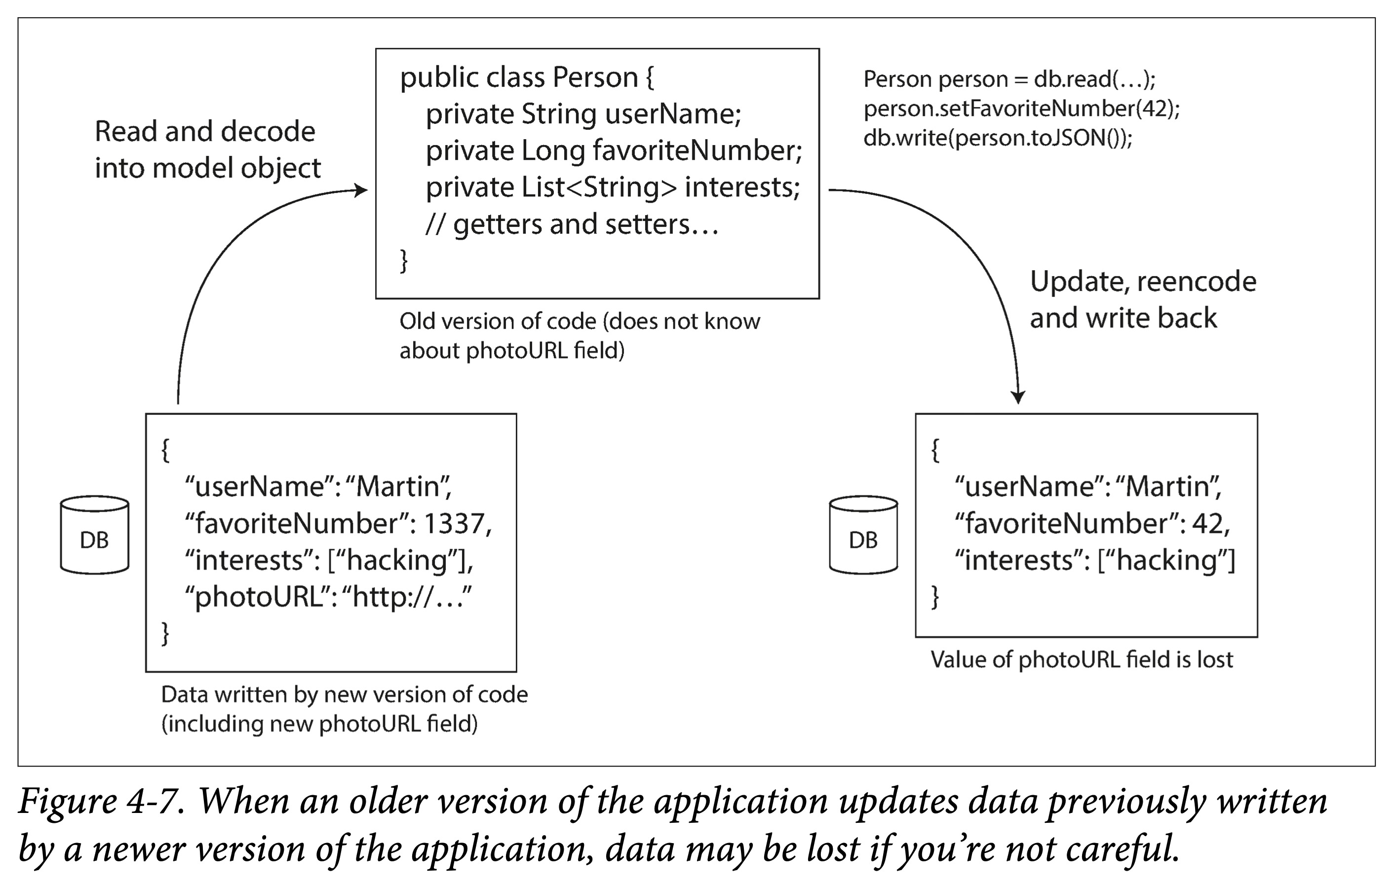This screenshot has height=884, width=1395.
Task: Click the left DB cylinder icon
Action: pos(94,534)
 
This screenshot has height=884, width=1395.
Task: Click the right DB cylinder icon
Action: pos(863,534)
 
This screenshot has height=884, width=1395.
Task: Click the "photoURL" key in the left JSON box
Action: pos(257,597)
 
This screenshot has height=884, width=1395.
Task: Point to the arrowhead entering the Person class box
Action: pos(360,190)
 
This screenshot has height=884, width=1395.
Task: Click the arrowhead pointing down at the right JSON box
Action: pos(1018,397)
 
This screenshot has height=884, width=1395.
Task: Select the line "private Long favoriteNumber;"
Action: pos(614,150)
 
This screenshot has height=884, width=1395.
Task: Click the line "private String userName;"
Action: pos(583,114)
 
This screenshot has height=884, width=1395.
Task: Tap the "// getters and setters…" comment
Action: pos(572,224)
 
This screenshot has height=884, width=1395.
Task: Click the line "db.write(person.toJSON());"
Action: pos(998,138)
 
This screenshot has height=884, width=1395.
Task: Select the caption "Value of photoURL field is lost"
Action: pos(1082,660)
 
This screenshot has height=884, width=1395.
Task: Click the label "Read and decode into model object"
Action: pos(207,150)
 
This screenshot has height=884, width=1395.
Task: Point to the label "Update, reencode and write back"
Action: pos(1143,299)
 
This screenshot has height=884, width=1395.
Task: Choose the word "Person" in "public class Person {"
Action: pos(595,77)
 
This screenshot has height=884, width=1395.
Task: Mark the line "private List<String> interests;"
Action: pos(613,187)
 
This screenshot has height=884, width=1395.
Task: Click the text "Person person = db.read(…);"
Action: pos(1009,79)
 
